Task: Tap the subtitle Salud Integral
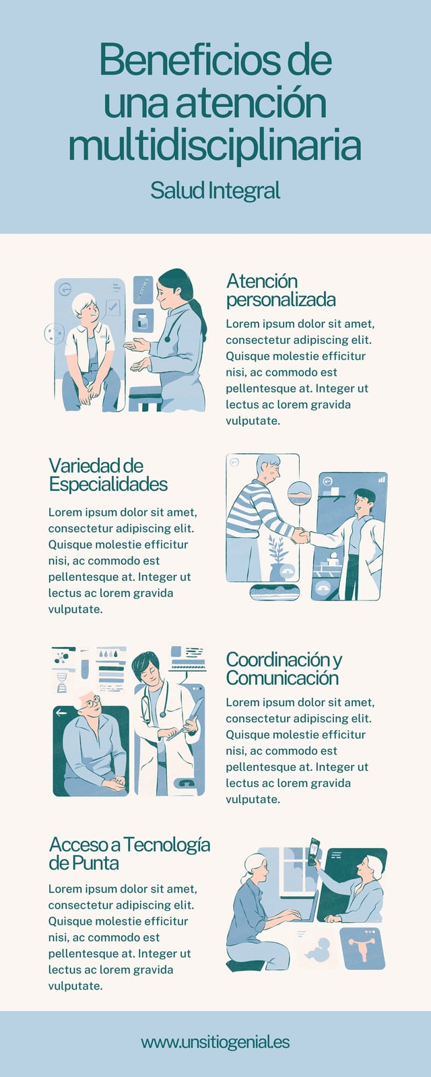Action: [x=215, y=190]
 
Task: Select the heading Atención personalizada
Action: [x=281, y=290]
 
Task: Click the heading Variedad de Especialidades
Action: [x=108, y=475]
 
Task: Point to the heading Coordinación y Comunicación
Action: [x=284, y=669]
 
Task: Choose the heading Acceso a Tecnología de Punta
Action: [x=129, y=854]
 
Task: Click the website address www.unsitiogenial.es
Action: [x=215, y=1042]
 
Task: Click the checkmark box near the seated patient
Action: [x=112, y=307]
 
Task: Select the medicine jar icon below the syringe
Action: [x=142, y=320]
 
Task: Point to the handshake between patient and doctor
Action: [x=300, y=535]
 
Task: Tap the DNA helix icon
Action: [x=61, y=683]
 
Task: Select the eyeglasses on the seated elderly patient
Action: [x=91, y=703]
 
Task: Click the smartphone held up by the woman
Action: [x=314, y=851]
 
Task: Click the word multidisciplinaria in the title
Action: [x=215, y=145]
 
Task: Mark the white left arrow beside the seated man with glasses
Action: [x=61, y=712]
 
